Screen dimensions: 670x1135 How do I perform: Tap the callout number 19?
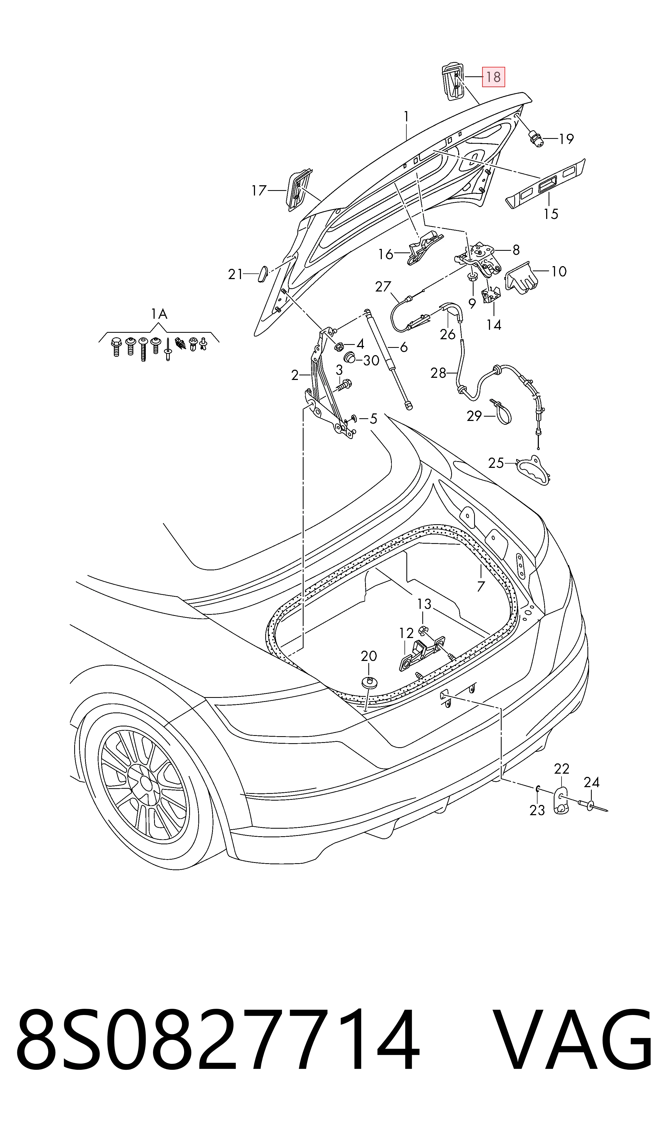coord(566,139)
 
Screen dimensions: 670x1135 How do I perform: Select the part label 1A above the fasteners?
coord(159,314)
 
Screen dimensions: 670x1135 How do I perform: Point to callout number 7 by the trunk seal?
coord(481,587)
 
